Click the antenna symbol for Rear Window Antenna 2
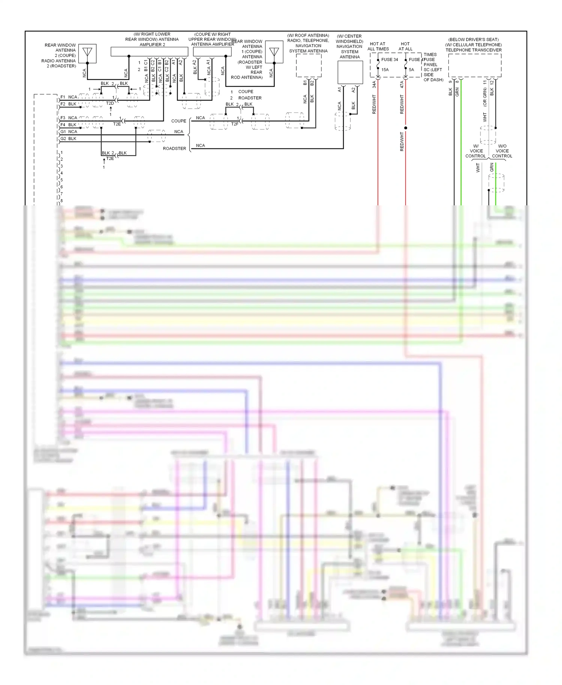(x=87, y=53)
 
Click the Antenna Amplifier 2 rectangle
(x=149, y=51)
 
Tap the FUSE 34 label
(x=389, y=60)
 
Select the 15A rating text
(x=385, y=70)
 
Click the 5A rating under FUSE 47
(x=411, y=70)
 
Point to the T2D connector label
(x=110, y=103)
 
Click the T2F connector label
(x=235, y=124)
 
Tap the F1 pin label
(x=63, y=97)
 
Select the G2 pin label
(x=63, y=139)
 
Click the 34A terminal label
(x=374, y=85)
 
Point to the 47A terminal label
(x=402, y=85)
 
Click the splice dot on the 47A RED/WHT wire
(x=405, y=128)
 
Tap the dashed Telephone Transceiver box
(x=475, y=65)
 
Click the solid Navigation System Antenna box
(x=350, y=72)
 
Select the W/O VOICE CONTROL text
(x=502, y=151)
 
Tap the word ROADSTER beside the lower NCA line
(x=174, y=149)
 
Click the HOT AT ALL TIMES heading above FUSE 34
(x=378, y=46)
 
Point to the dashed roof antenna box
(x=308, y=65)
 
